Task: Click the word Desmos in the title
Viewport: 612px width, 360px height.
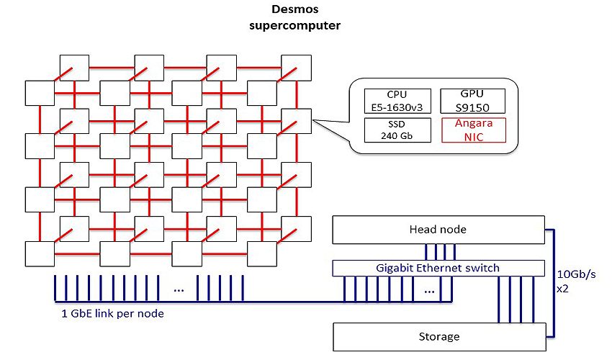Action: (294, 9)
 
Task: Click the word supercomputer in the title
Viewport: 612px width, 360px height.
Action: (294, 25)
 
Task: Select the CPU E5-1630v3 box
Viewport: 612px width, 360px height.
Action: (397, 101)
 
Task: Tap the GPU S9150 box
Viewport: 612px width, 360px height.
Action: (472, 101)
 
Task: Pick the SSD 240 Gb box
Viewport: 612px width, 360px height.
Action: (397, 130)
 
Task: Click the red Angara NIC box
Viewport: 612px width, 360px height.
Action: (474, 130)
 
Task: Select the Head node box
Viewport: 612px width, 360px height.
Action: (438, 230)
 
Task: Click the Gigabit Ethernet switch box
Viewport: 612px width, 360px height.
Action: (438, 268)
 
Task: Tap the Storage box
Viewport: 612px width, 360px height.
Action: (439, 336)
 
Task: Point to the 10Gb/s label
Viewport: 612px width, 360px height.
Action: (576, 274)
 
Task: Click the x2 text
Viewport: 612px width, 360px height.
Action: (562, 289)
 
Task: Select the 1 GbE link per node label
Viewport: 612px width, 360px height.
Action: (113, 313)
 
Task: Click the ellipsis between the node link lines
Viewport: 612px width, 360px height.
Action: (179, 290)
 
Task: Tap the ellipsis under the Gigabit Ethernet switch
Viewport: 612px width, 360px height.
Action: (429, 292)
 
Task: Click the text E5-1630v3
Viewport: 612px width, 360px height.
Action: (397, 107)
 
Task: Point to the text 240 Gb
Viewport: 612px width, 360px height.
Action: (397, 136)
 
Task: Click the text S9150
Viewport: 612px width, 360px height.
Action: (472, 108)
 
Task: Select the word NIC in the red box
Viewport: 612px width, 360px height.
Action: (474, 137)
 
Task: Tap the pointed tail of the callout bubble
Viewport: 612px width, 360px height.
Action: (313, 120)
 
